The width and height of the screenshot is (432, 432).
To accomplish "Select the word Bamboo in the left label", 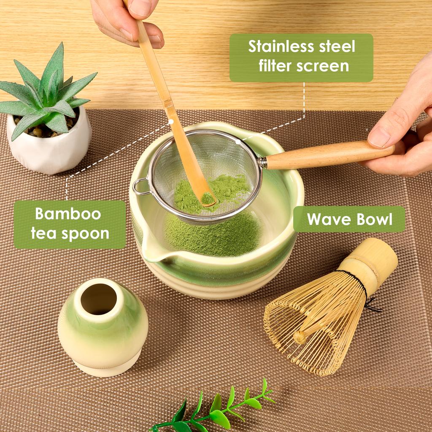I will coord(68,213).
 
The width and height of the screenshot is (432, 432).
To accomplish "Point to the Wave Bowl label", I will coord(349,219).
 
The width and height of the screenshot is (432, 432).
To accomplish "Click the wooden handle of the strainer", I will coord(325,154).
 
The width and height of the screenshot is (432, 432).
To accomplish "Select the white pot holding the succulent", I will coord(49,148).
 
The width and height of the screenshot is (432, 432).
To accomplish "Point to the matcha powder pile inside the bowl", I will coord(213,236).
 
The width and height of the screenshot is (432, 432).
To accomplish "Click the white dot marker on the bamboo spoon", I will coord(171,121).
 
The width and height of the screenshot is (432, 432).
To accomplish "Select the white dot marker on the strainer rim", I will coord(238,142).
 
